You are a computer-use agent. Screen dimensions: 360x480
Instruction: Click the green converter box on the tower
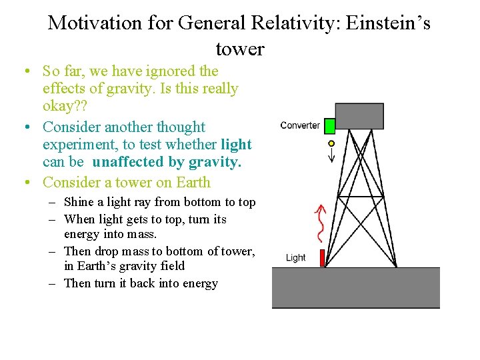tap(329, 125)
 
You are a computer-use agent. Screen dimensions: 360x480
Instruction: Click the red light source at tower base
tap(323, 257)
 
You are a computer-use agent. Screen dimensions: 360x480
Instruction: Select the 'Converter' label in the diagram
tap(300, 125)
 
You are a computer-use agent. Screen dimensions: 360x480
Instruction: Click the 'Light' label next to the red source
tap(295, 258)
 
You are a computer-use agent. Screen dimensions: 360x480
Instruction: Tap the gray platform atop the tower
tap(359, 116)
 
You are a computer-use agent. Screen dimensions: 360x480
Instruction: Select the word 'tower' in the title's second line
tap(240, 49)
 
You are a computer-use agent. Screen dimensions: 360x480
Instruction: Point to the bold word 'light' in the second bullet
tap(236, 145)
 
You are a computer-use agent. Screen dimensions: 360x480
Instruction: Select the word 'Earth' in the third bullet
tap(191, 182)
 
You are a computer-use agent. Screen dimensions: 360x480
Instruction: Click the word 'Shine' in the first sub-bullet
tap(79, 202)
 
